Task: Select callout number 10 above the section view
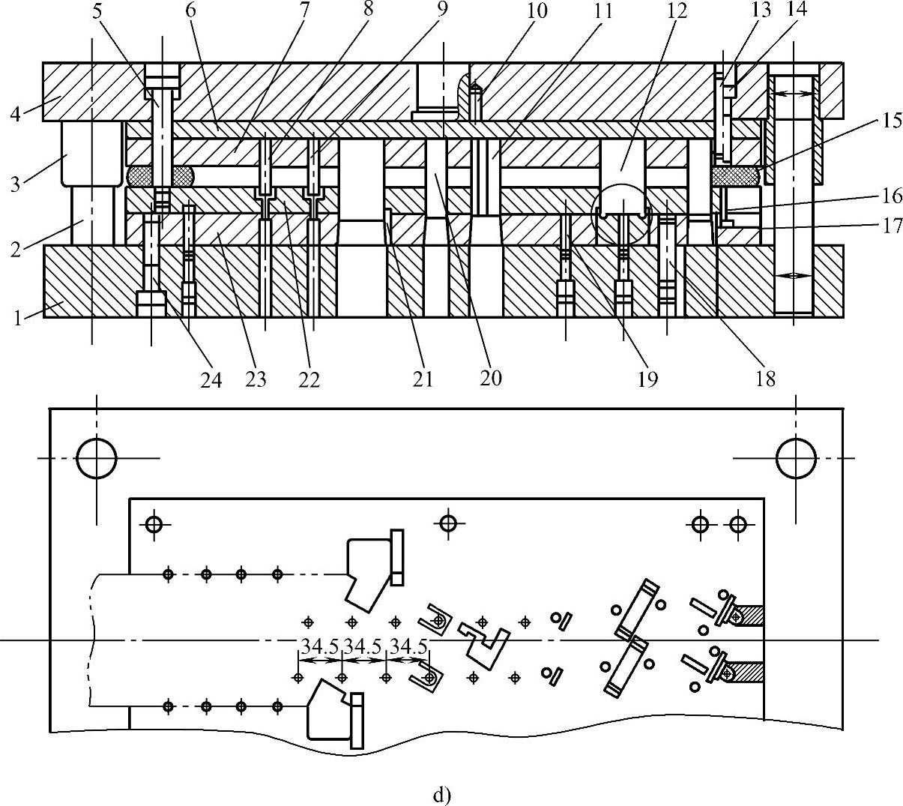(x=537, y=10)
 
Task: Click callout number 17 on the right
(x=892, y=225)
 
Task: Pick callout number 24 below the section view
(x=211, y=380)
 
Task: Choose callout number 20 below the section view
(x=490, y=378)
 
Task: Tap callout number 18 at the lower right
(x=765, y=379)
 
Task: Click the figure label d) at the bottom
(x=443, y=794)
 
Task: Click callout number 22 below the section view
(x=309, y=380)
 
